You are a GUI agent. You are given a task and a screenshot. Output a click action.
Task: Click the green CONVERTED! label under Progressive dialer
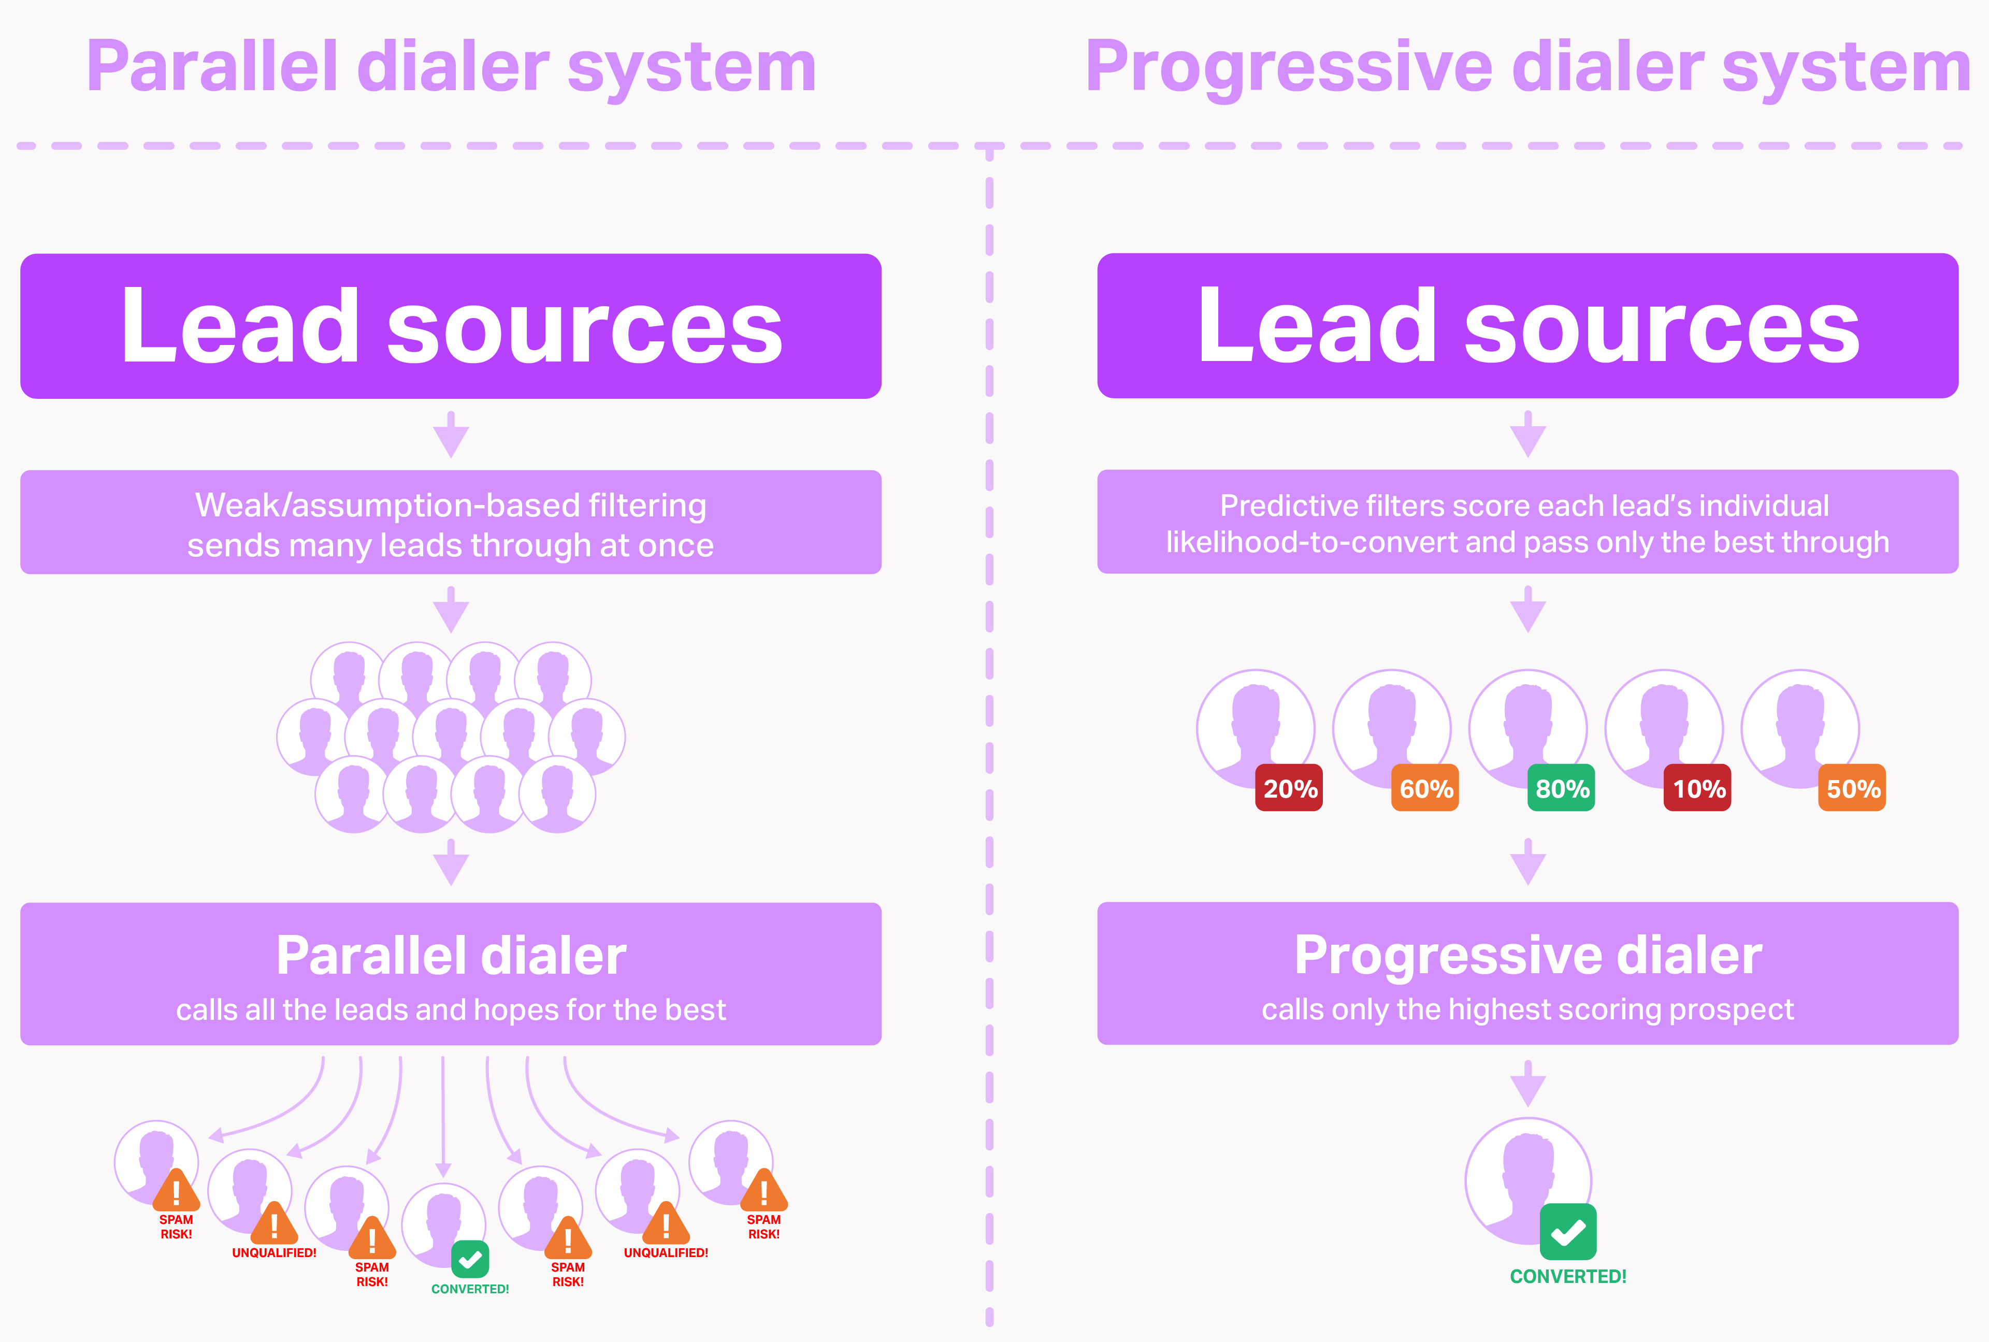coord(1568,1276)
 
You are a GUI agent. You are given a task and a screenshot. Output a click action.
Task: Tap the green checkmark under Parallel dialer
coord(470,1259)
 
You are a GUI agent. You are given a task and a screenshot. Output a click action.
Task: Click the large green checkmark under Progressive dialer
coord(1568,1232)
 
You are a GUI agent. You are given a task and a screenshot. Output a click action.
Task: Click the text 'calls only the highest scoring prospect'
coord(1527,1010)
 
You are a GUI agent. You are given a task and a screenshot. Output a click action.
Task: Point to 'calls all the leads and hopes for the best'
coord(451,1010)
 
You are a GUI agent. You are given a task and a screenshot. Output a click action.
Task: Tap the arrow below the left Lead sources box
coord(451,435)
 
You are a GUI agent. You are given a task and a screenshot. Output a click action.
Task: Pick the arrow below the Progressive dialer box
coord(1527,1084)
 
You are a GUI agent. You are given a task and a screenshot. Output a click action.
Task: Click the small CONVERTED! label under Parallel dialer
coord(470,1289)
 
